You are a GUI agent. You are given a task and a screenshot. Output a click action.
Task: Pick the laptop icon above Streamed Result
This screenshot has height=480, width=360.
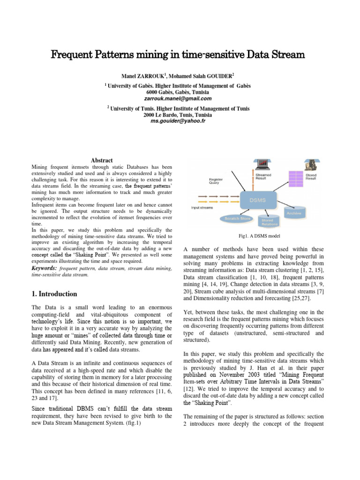(x=262, y=165)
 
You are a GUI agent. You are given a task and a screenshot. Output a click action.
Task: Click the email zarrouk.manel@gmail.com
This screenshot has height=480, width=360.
(x=180, y=98)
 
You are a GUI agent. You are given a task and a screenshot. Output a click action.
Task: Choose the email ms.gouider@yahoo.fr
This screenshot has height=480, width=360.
(x=180, y=121)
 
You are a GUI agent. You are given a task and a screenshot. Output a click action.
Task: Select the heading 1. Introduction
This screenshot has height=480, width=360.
(x=54, y=294)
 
